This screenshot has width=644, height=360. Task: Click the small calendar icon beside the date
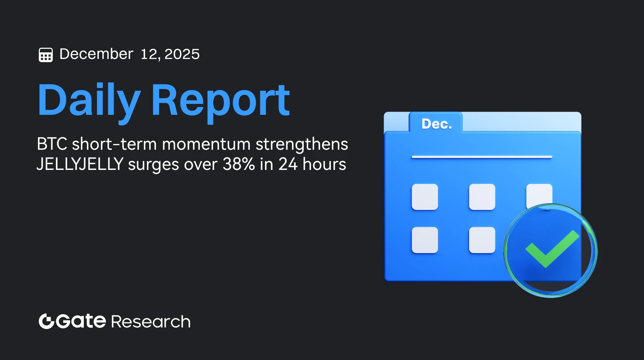point(46,55)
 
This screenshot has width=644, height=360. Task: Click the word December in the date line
point(96,54)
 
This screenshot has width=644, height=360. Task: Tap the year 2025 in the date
point(182,54)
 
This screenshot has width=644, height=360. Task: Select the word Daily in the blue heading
point(88,100)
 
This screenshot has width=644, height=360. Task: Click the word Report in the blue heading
point(220,100)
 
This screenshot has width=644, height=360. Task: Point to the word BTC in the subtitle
point(52,144)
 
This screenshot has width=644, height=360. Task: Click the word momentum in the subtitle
point(206,144)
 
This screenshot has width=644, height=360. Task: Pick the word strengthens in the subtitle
point(301,144)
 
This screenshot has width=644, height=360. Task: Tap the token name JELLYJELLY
point(80,164)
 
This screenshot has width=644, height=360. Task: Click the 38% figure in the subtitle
point(239,164)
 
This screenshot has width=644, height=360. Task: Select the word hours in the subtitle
point(324,164)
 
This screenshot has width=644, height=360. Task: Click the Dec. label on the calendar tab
point(436,124)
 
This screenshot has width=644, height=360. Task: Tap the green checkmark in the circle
point(552,249)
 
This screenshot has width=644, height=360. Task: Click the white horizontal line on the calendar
point(482,157)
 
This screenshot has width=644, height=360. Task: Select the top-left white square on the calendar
point(425,197)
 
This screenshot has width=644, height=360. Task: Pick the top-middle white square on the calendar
point(482,197)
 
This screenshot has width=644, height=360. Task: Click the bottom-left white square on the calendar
point(425,240)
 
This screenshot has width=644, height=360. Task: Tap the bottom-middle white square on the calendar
point(482,240)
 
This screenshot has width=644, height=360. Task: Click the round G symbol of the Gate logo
point(46,321)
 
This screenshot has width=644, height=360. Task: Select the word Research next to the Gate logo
point(151,322)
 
